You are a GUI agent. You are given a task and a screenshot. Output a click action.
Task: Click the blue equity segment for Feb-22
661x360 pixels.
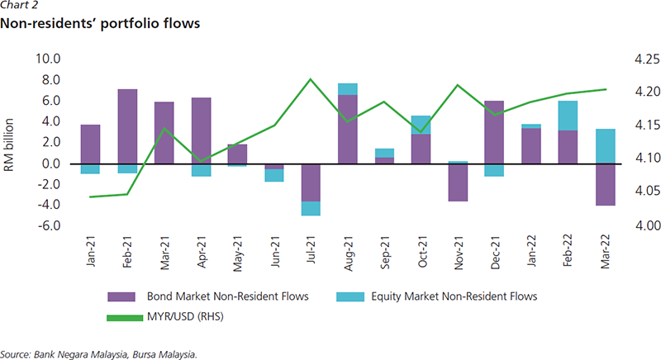pyautogui.click(x=568, y=116)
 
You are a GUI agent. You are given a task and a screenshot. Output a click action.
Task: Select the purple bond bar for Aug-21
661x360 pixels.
pyautogui.click(x=348, y=130)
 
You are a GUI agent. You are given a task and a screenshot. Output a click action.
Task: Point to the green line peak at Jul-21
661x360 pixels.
pyautogui.click(x=311, y=79)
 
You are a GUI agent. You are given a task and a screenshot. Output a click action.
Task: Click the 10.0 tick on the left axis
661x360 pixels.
pyautogui.click(x=47, y=59)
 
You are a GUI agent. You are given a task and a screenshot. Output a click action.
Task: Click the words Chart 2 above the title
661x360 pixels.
pyautogui.click(x=21, y=7)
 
